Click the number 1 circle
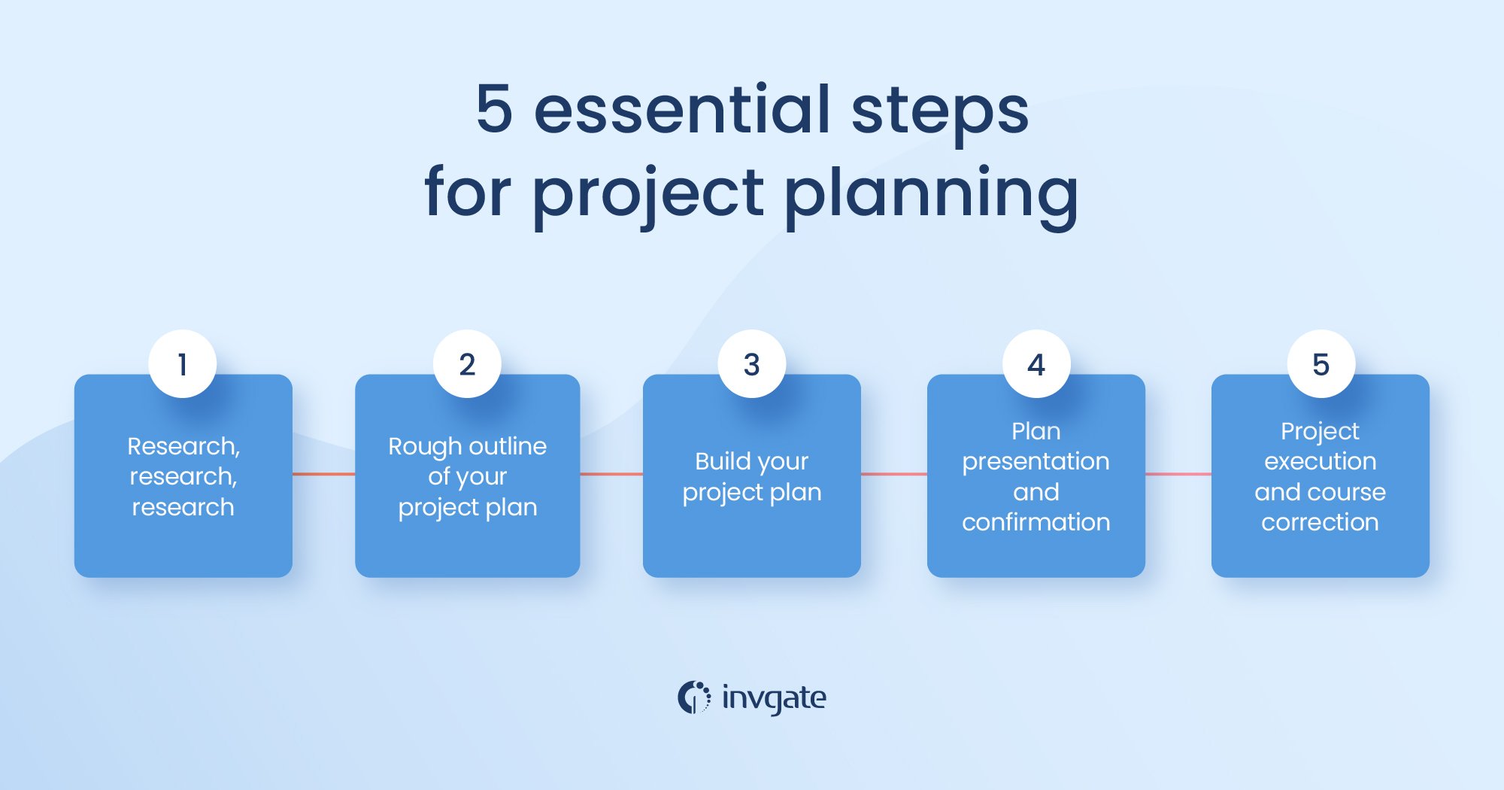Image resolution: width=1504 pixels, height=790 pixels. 183,363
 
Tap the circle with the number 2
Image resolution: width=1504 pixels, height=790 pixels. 467,363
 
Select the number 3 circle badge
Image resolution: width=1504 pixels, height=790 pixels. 751,363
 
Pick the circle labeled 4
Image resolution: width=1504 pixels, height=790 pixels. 1036,363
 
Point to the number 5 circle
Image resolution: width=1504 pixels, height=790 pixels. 1321,363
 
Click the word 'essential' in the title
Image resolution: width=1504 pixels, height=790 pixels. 681,110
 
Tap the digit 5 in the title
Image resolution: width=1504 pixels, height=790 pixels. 494,110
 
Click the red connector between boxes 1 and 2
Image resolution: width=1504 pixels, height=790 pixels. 323,474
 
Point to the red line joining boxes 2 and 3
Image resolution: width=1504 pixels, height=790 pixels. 611,474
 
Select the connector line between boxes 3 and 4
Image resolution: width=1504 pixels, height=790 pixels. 893,474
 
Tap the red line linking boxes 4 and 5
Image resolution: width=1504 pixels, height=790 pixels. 1178,474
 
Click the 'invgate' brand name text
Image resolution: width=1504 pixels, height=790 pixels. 774,698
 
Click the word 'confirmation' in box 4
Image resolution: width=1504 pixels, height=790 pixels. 1036,522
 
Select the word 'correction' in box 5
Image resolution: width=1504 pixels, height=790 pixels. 1320,522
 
